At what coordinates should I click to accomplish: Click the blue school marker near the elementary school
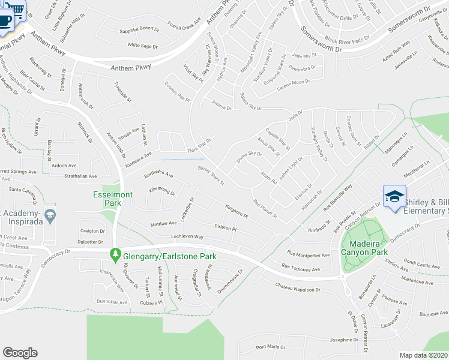(x=395, y=197)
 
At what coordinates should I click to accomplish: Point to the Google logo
(x=20, y=352)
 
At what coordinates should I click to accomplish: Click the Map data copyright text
(x=424, y=355)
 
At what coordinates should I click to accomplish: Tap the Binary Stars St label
(x=212, y=175)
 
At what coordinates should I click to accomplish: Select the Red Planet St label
(x=264, y=208)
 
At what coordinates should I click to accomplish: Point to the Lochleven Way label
(x=187, y=237)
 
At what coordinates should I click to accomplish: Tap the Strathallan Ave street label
(x=80, y=176)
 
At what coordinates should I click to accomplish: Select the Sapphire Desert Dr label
(x=140, y=29)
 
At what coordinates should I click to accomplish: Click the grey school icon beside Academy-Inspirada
(x=51, y=215)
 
